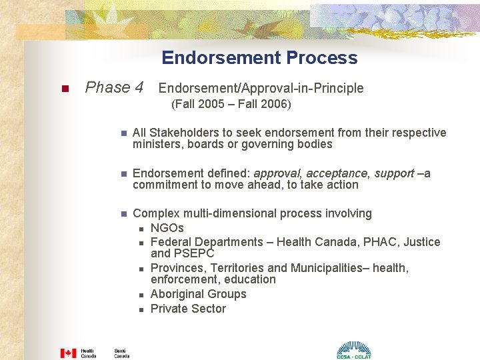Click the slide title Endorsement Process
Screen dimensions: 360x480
coord(259,58)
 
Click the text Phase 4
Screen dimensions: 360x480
coord(114,87)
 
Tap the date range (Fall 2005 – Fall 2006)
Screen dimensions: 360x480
coord(231,105)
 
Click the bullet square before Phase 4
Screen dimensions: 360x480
coord(65,89)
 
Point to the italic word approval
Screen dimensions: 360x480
coord(275,173)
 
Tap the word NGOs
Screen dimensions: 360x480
coord(167,228)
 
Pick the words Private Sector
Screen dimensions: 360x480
coord(188,309)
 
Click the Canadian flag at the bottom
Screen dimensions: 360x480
coord(68,353)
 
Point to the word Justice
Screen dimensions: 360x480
coord(423,242)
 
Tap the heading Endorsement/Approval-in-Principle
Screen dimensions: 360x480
coord(261,88)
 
